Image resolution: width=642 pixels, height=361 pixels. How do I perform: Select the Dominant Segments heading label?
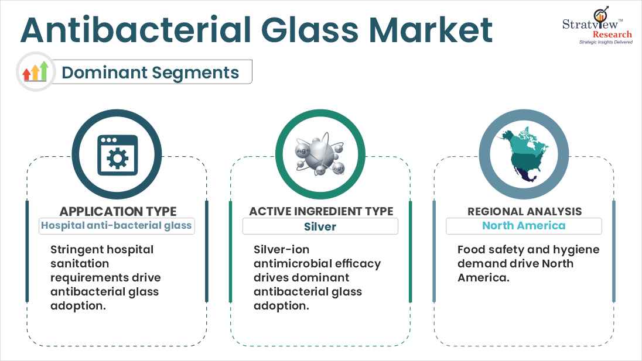point(151,73)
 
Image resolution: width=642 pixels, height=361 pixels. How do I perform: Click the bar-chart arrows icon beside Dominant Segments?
point(35,72)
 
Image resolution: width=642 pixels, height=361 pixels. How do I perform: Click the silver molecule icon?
point(320,154)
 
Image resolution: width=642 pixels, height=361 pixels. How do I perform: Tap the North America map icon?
point(523,154)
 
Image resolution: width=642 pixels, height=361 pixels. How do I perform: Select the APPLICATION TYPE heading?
point(118,211)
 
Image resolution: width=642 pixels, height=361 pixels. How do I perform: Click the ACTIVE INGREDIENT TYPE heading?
point(321,211)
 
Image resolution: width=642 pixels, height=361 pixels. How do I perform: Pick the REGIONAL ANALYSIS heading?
point(524,211)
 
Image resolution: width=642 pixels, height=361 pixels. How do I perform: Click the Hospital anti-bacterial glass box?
point(117,226)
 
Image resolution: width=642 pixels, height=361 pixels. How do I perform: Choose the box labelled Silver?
point(320,226)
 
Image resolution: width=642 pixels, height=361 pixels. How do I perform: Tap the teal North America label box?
point(524,226)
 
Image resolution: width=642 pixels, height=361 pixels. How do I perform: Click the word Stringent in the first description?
point(77,250)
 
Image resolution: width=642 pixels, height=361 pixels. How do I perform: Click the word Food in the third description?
point(470,250)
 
